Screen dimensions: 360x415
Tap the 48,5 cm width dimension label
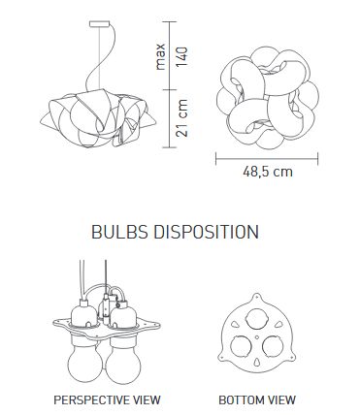268,172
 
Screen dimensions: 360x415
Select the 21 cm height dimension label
181,117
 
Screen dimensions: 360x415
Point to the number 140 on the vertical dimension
181,57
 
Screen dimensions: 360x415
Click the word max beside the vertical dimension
160,57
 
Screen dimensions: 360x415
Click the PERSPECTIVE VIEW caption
107,400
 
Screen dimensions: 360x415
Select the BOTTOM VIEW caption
257,400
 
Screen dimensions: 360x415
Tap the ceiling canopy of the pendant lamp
99,24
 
